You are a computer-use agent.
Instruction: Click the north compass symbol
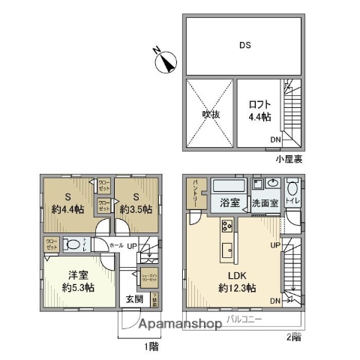click(164, 59)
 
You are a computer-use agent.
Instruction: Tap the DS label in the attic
click(244, 45)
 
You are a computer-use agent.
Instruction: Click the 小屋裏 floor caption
click(288, 159)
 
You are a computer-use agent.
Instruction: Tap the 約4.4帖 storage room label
click(67, 203)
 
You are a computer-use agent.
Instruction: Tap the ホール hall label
click(116, 245)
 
